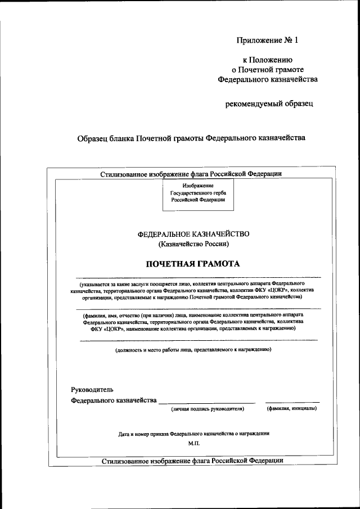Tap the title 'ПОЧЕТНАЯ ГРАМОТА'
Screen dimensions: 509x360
193,263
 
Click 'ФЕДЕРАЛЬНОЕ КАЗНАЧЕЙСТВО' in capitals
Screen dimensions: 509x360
193,233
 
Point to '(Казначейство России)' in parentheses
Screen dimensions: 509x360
193,244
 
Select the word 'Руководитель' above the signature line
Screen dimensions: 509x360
92,389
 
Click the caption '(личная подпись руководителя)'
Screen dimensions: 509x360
208,409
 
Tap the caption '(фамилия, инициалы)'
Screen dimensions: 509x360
291,409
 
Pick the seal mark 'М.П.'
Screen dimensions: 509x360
195,444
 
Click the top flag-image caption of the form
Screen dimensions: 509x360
191,174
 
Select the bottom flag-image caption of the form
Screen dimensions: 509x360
192,461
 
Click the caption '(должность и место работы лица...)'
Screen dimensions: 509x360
193,349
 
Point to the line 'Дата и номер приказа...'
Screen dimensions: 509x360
194,434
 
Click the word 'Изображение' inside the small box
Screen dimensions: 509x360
198,185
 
